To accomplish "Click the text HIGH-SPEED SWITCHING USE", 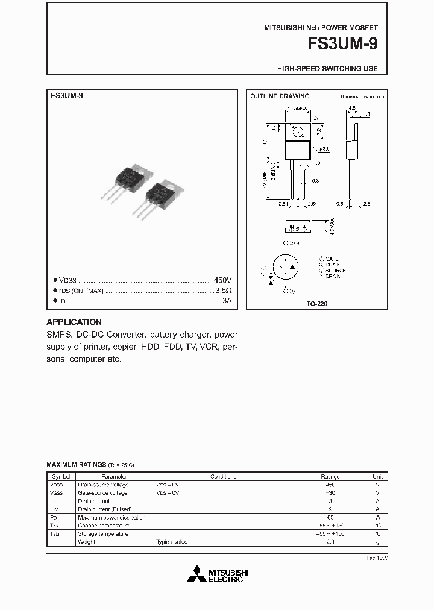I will pos(327,69).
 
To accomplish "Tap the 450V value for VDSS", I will pos(222,280).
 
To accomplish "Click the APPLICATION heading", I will pos(74,322).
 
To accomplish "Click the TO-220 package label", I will pos(317,304).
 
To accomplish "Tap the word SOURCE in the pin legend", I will pos(335,271).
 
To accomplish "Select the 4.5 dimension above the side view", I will pos(352,109).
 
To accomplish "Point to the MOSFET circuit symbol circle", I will pos(285,267).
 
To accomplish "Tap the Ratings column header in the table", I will pos(330,476).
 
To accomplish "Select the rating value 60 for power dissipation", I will pos(330,517).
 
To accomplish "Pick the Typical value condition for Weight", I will pos(172,542).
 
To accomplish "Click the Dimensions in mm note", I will pos(362,96).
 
